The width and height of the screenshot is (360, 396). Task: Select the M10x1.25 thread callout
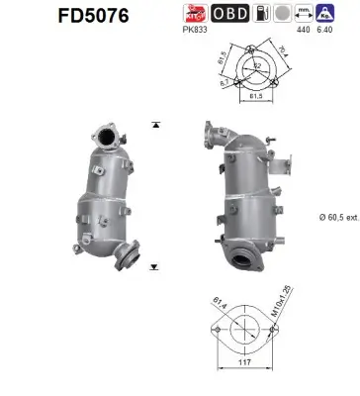click(x=284, y=309)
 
